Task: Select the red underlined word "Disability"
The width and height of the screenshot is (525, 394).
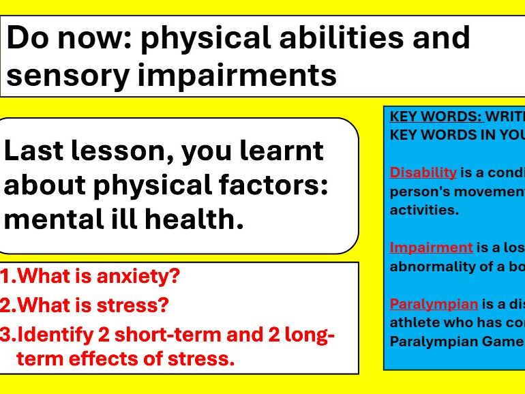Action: point(423,172)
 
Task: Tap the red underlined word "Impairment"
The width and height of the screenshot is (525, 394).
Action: point(431,247)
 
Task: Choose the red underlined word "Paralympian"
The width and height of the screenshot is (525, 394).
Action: point(434,304)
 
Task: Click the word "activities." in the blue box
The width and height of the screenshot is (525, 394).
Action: point(424,210)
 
